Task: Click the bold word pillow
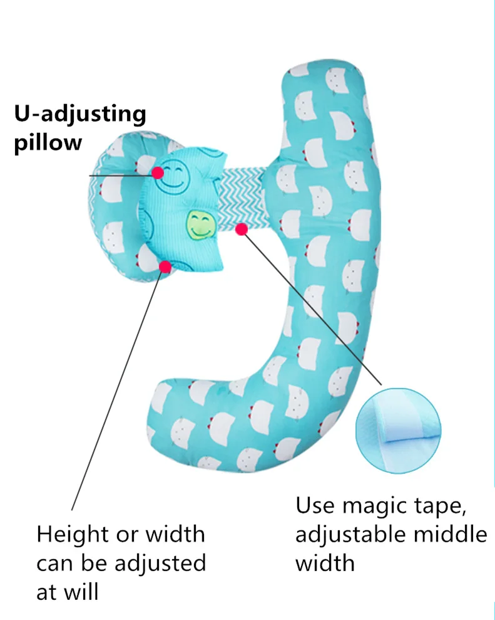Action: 48,142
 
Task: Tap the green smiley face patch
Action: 200,224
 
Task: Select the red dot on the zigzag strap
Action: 241,230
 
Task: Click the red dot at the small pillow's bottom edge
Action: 165,267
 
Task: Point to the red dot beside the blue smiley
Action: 156,171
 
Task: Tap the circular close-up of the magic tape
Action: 399,428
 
